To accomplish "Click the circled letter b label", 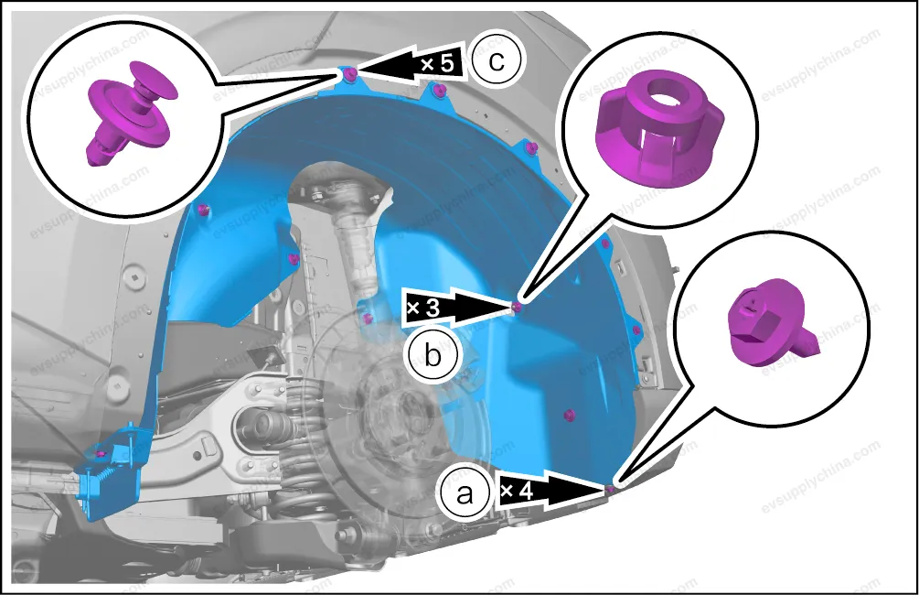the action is (433, 354).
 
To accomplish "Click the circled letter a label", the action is (465, 493).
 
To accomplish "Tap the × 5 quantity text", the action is (437, 63).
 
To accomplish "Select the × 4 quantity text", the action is (517, 490).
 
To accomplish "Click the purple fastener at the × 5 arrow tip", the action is (350, 73).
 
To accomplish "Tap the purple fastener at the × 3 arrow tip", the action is (517, 307).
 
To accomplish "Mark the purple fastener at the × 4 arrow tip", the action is (610, 489).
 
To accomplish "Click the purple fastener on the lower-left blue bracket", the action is (101, 455).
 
